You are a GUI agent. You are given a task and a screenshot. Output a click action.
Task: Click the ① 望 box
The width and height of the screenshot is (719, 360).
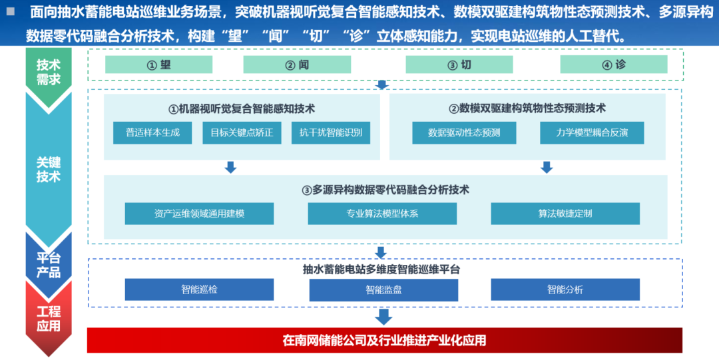pos(158,65)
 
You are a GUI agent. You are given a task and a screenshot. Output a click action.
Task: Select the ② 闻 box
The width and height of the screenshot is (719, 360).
pos(297,65)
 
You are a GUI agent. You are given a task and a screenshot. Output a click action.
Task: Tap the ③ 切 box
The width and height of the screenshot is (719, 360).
pos(459,65)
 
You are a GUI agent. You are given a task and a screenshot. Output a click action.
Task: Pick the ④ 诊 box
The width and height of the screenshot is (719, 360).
pos(613,65)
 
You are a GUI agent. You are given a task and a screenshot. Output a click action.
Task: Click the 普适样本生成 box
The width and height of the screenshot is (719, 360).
pos(152,132)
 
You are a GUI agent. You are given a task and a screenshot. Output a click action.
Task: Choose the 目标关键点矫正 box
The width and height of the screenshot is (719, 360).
pos(242,132)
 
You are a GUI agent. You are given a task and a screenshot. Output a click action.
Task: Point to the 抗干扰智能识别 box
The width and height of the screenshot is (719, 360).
pos(330,132)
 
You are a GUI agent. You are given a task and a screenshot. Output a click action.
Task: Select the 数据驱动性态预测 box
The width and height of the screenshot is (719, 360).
pos(464,132)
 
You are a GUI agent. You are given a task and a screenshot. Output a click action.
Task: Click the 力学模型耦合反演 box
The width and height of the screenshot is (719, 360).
pos(592,132)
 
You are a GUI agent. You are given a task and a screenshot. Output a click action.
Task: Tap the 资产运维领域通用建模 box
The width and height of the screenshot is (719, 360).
pos(199,214)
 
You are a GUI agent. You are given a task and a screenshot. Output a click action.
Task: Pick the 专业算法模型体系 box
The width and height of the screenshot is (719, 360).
pos(382,214)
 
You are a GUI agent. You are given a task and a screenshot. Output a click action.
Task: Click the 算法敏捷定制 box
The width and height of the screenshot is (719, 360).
pos(565,214)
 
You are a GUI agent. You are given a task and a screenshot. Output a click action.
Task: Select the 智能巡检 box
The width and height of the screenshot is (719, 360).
pos(199,289)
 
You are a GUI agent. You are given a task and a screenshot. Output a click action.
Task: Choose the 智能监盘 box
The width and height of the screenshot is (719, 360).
pos(383,289)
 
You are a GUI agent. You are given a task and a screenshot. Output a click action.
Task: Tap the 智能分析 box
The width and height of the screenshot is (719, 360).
pos(565,289)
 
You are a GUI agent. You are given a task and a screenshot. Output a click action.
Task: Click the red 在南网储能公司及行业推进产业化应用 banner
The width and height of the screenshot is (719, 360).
pos(385,340)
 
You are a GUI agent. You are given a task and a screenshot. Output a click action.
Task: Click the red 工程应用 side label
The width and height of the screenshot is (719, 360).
pos(48,318)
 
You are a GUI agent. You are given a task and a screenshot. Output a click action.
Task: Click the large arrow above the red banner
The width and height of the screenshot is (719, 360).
pos(383,316)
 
